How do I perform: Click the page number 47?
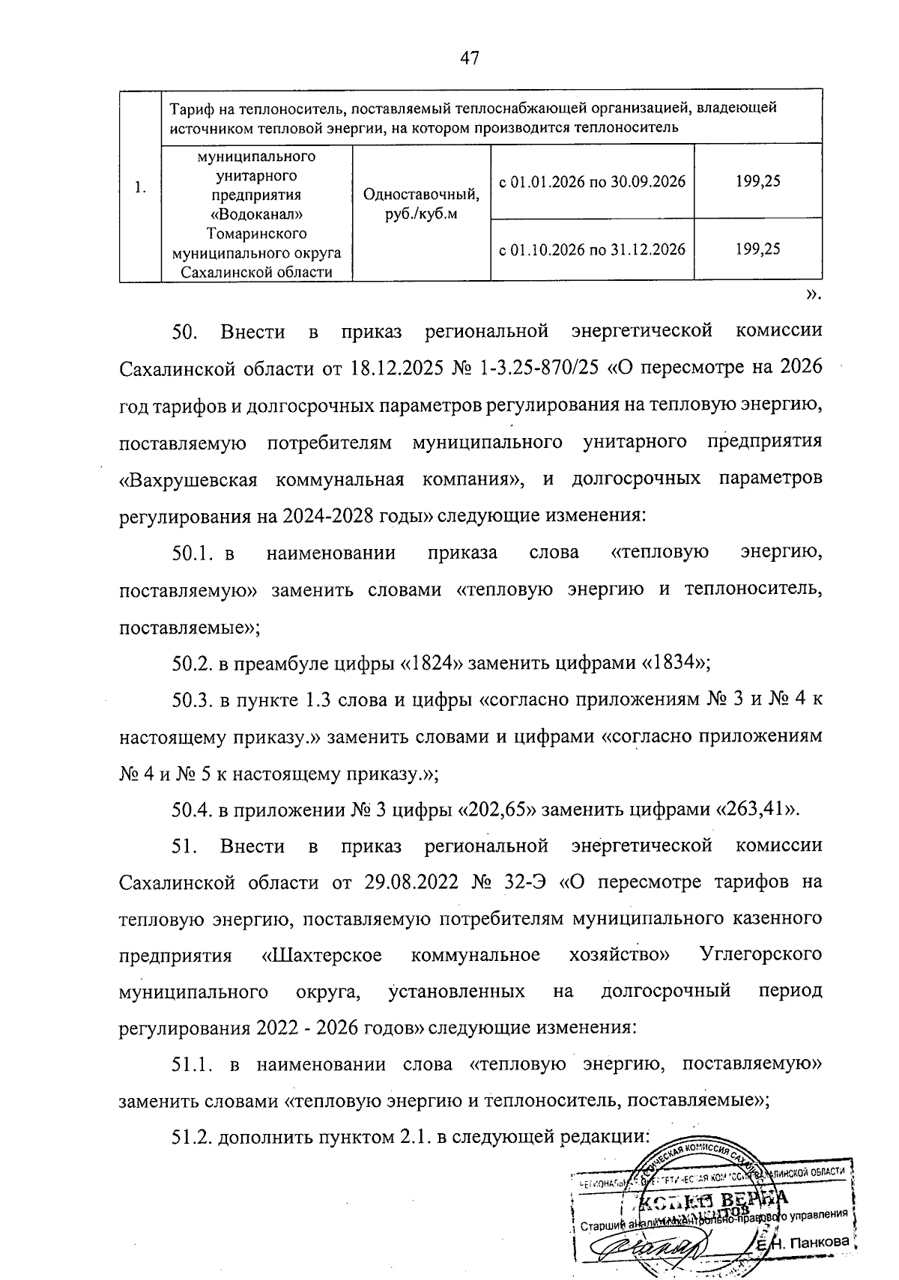click(x=470, y=58)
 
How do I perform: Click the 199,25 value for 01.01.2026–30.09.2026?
click(x=757, y=181)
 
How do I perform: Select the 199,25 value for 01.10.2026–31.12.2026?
click(x=757, y=249)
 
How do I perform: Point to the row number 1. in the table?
click(x=140, y=188)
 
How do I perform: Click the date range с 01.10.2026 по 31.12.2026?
click(x=592, y=249)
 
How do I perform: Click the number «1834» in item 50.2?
click(x=674, y=664)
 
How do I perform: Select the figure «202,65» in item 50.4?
click(x=496, y=810)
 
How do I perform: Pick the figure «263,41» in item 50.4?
click(x=756, y=810)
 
